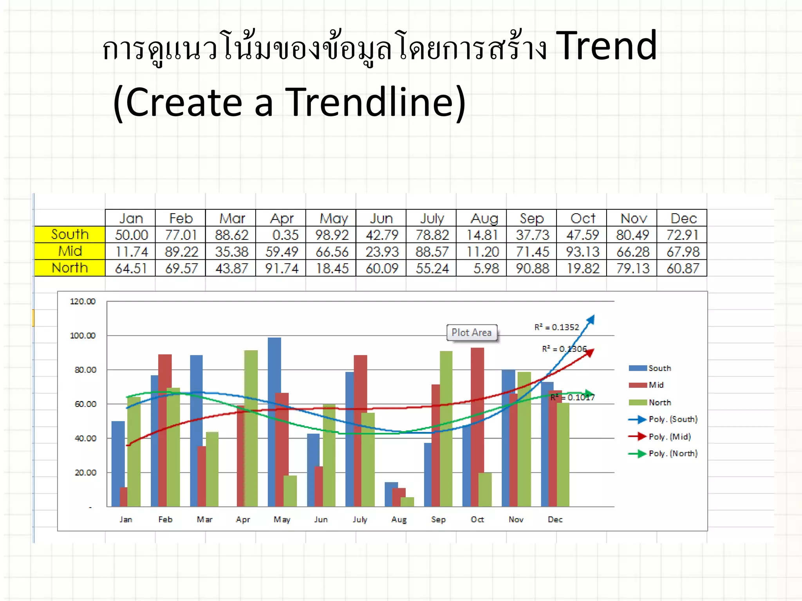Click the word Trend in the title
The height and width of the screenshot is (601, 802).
(606, 46)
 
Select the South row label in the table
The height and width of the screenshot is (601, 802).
(70, 234)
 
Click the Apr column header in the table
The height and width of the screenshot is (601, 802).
(282, 218)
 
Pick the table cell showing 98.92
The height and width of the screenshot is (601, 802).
(331, 235)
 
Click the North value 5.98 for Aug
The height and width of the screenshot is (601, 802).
(486, 268)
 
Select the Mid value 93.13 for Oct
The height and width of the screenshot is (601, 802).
(582, 252)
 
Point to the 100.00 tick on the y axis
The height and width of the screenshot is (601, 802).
(83, 336)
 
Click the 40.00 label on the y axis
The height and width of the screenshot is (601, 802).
(85, 438)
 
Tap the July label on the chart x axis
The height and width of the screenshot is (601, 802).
(359, 520)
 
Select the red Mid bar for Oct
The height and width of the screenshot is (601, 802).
(477, 426)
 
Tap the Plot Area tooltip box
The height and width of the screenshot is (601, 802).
(472, 333)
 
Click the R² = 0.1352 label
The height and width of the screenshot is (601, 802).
(556, 327)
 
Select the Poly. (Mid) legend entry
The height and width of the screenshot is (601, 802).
(669, 437)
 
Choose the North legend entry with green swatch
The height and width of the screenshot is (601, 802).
(659, 403)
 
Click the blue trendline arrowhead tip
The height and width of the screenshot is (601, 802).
(593, 316)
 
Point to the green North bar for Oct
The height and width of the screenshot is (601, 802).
(485, 489)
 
